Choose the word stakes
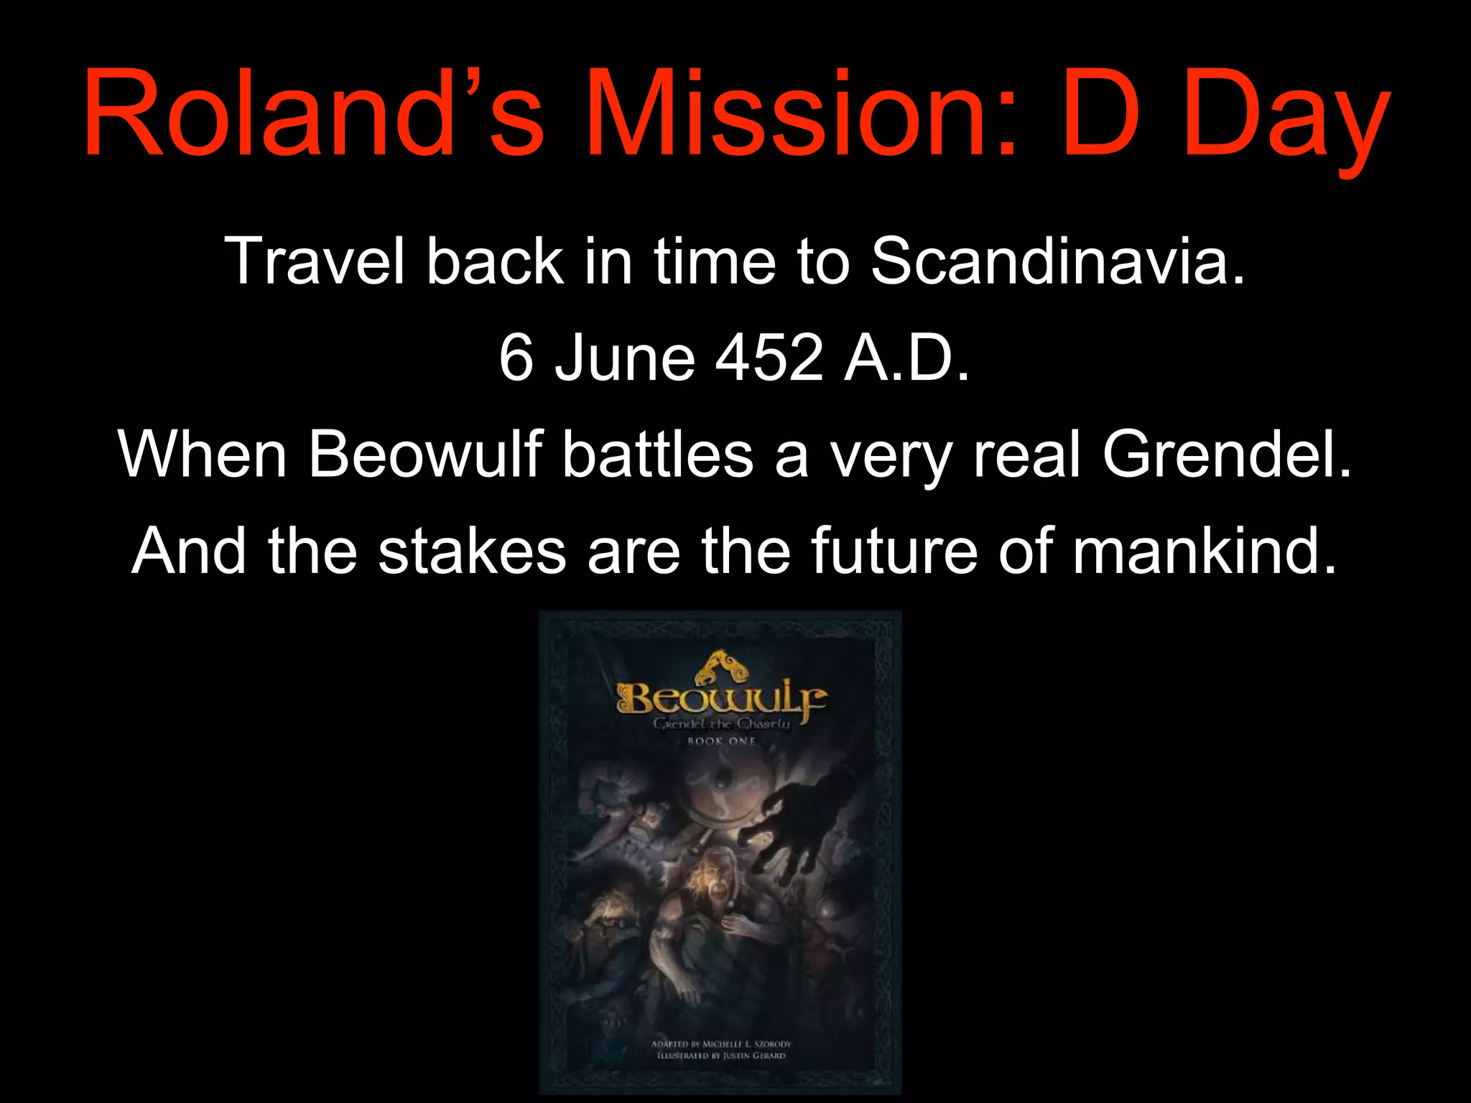472,551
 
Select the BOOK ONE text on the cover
720,741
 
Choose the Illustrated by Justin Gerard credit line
721,1056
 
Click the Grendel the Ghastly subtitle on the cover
721,724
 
